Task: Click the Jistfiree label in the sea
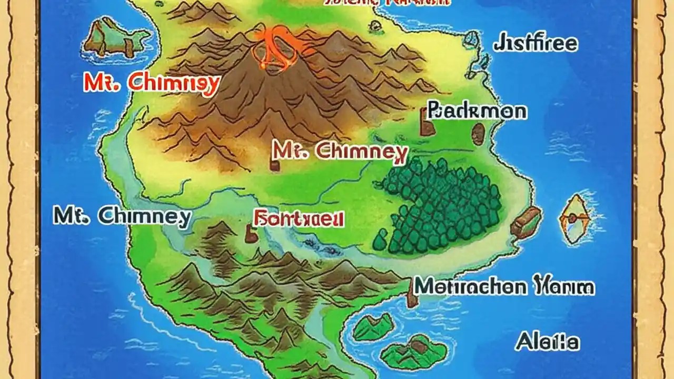[535, 43]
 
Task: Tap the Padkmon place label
[477, 111]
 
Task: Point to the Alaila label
[548, 342]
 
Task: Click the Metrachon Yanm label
[504, 286]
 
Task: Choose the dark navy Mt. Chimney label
[122, 216]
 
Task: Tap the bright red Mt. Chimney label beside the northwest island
[151, 83]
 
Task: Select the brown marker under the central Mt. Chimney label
[274, 164]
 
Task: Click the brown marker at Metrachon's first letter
[412, 293]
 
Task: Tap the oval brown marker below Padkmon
[478, 134]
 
